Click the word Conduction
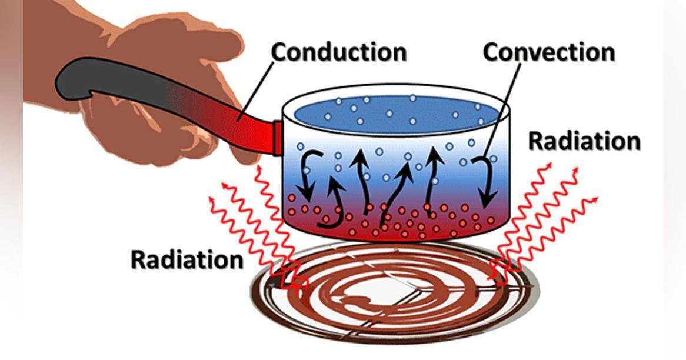(x=338, y=52)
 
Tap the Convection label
(x=548, y=52)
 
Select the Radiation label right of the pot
(x=584, y=142)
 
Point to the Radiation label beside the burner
(x=187, y=259)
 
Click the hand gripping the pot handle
(x=165, y=88)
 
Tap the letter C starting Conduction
(x=279, y=52)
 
